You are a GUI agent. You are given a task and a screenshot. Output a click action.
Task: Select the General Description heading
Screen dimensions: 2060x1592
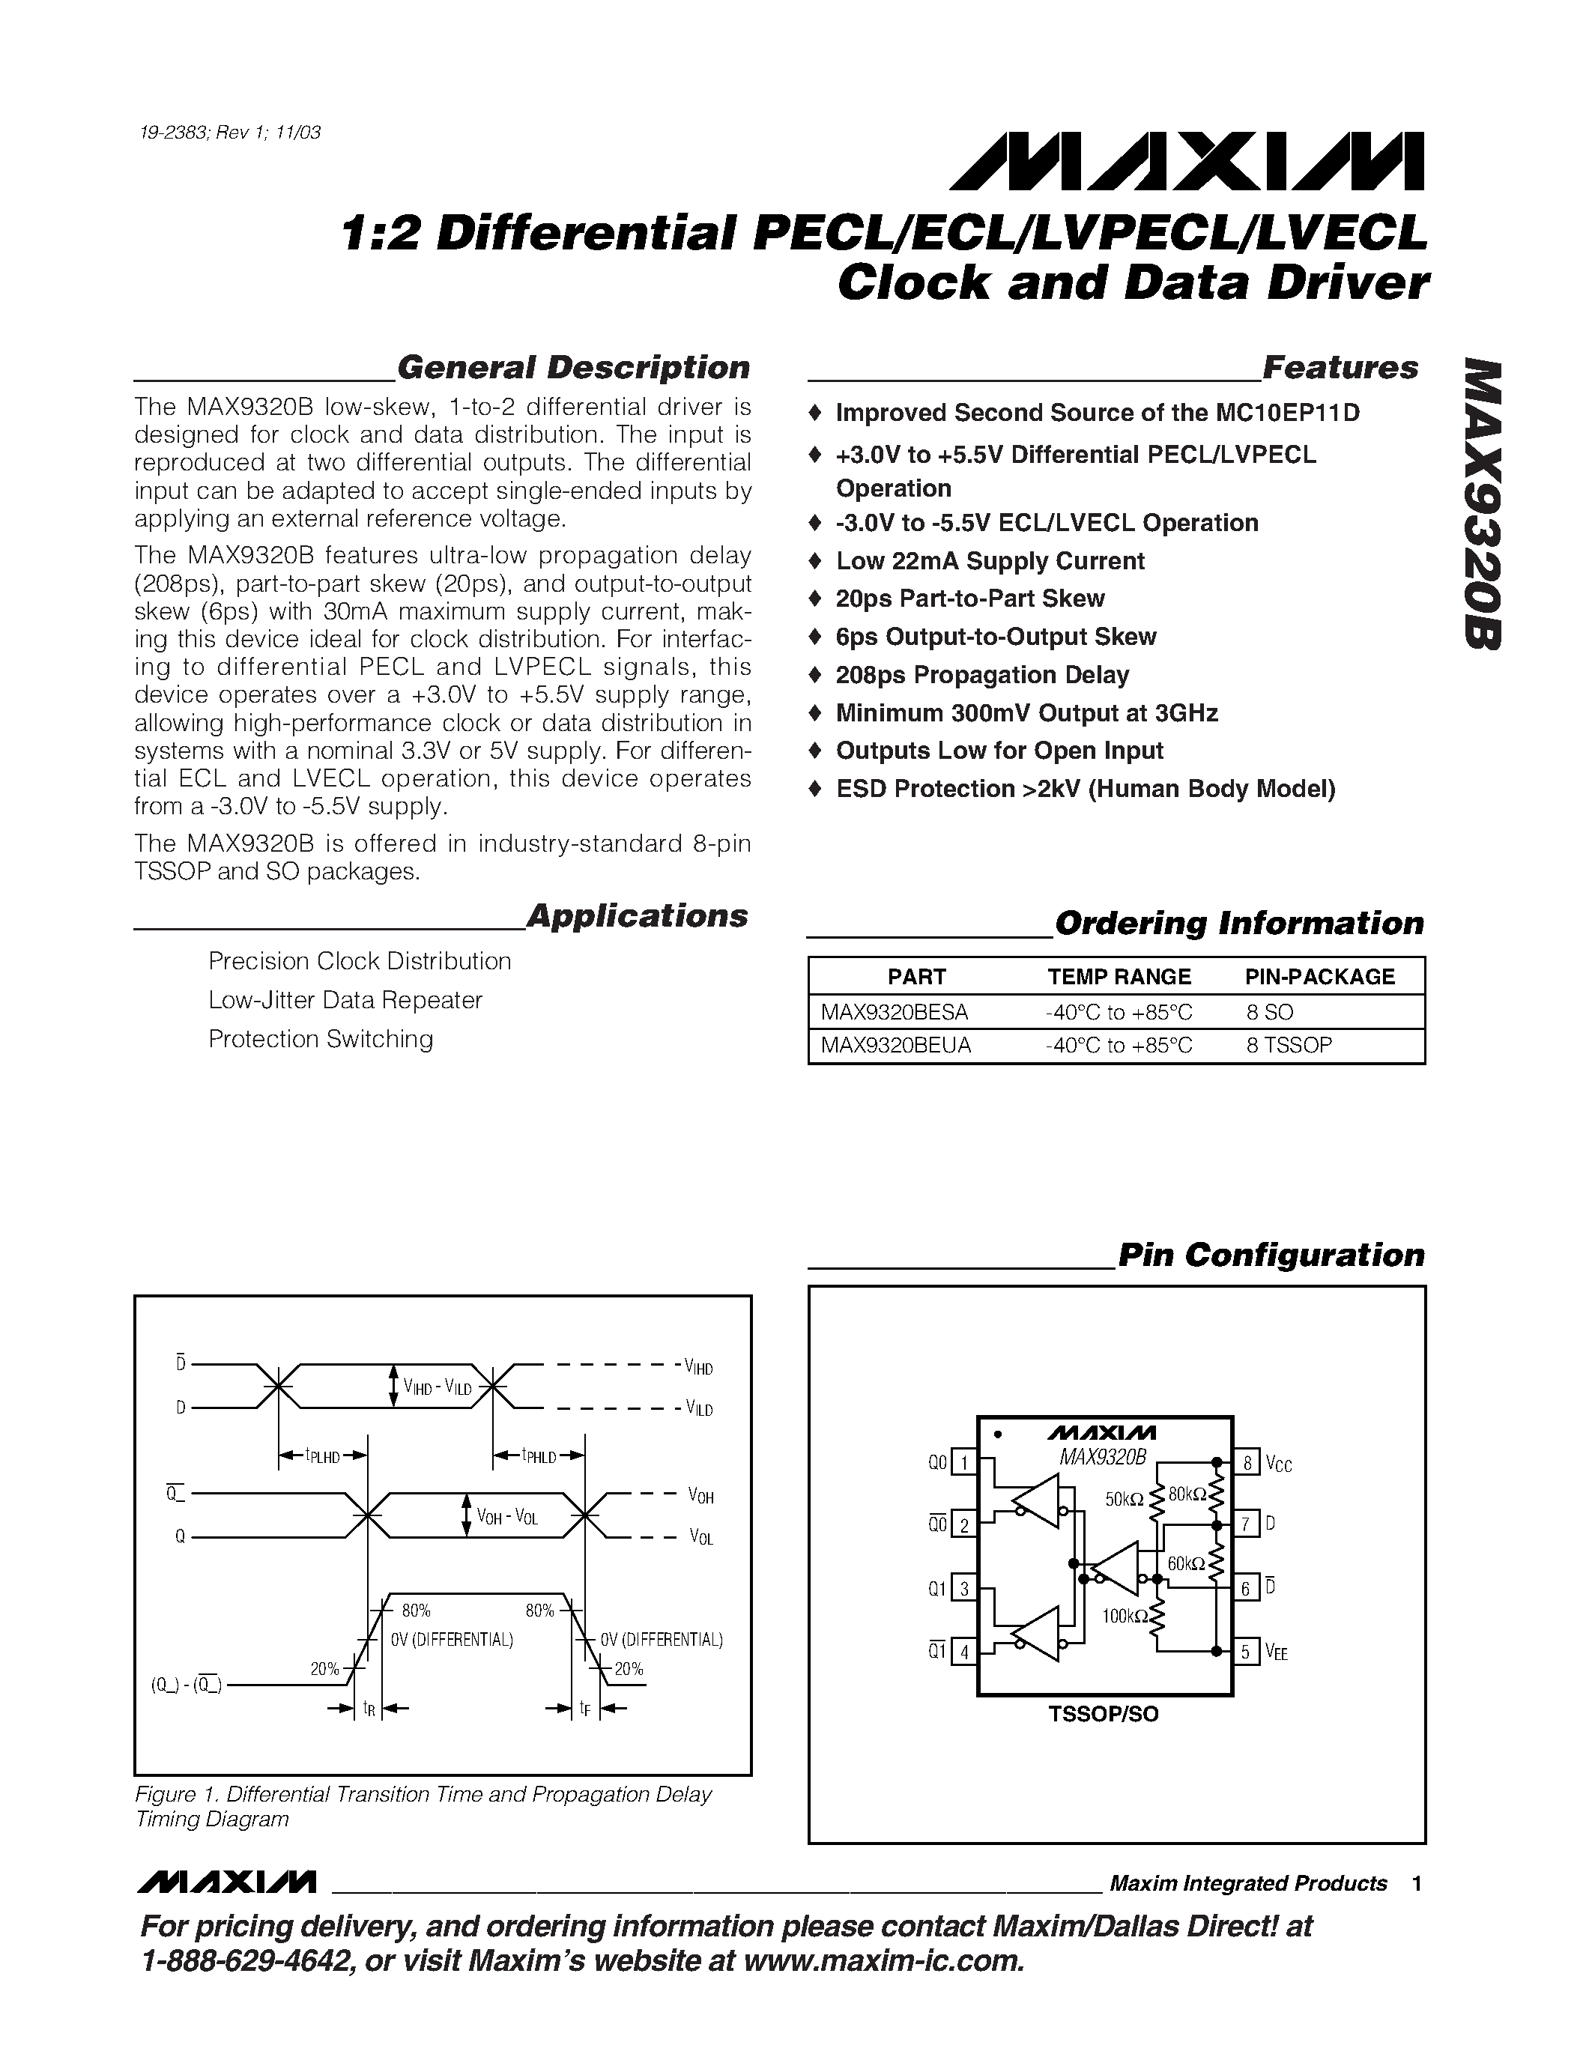point(573,367)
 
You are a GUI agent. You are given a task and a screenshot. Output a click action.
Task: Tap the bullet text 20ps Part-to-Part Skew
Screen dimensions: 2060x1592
point(969,599)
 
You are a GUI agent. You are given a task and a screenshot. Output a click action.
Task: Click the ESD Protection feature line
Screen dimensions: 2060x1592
point(1085,789)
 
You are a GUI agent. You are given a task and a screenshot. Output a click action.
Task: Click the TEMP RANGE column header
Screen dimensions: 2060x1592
point(1119,976)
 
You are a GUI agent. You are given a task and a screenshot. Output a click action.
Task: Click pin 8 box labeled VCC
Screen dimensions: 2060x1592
point(1247,1463)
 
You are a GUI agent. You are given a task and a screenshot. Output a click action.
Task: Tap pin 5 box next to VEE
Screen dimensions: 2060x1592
point(1247,1652)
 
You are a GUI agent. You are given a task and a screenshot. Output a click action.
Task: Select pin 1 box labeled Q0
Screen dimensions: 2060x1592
point(964,1463)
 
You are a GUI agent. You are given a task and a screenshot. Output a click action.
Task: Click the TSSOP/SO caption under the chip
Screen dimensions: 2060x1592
point(1103,1714)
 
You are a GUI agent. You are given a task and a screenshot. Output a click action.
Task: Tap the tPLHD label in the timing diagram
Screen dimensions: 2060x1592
point(323,1455)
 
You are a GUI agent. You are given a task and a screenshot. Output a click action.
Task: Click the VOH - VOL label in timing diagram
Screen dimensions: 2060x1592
point(506,1517)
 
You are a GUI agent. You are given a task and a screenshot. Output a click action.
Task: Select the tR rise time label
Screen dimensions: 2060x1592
point(369,1708)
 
